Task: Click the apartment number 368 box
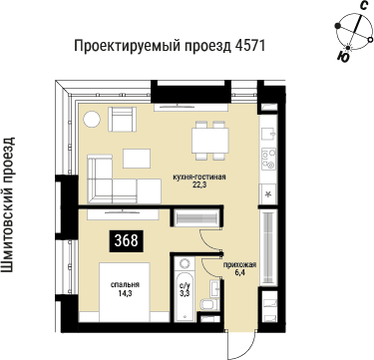tap(126, 240)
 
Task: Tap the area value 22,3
tap(199, 182)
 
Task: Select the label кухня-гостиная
tap(200, 174)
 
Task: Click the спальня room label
tap(125, 284)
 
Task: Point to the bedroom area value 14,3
tap(125, 294)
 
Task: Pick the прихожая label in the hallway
tap(240, 263)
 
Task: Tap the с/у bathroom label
tap(184, 284)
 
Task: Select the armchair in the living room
tap(125, 121)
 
